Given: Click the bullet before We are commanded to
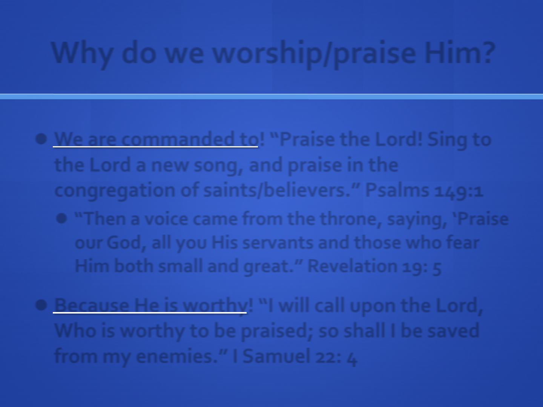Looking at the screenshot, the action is tap(41, 139).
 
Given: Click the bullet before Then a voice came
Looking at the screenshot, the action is tap(61, 219).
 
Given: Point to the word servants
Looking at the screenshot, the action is tap(278, 243).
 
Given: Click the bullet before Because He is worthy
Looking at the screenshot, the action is tap(41, 305).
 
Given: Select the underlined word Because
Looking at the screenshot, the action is tap(92, 305).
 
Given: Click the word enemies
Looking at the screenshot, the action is tap(176, 357).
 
